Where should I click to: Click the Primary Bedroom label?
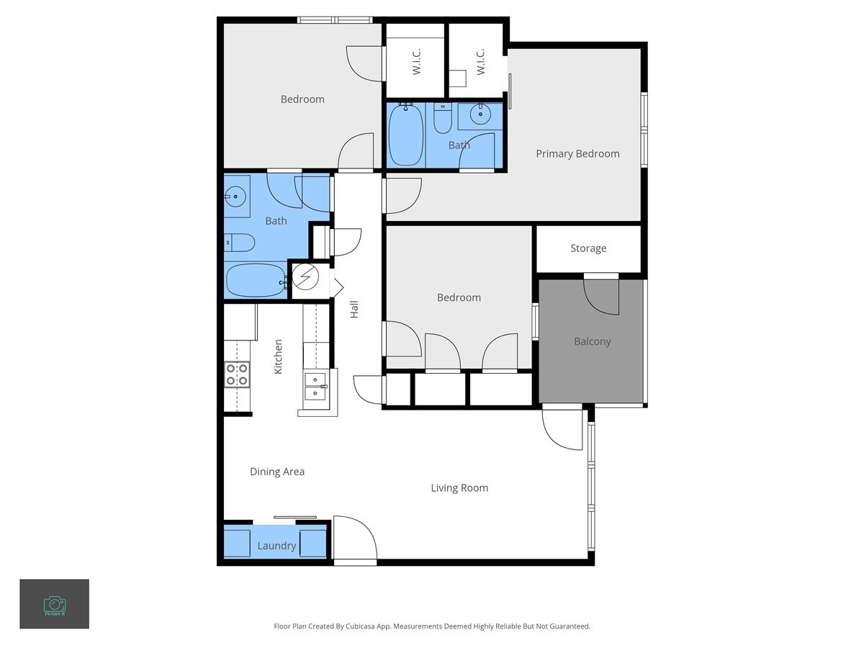pyautogui.click(x=577, y=153)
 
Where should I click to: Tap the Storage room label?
pyautogui.click(x=588, y=248)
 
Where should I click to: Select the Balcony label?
pyautogui.click(x=592, y=341)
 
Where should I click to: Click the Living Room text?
pyautogui.click(x=459, y=488)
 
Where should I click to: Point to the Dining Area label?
pyautogui.click(x=277, y=472)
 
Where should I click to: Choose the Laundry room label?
pyautogui.click(x=276, y=546)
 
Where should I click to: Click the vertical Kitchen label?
pyautogui.click(x=278, y=356)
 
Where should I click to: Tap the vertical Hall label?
pyautogui.click(x=354, y=310)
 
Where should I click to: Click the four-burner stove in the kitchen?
pyautogui.click(x=237, y=374)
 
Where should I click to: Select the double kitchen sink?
pyautogui.click(x=315, y=386)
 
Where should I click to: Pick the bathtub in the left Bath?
pyautogui.click(x=255, y=281)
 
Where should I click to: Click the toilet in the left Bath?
pyautogui.click(x=239, y=243)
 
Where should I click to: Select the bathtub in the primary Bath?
pyautogui.click(x=405, y=135)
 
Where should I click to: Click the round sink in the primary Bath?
pyautogui.click(x=480, y=114)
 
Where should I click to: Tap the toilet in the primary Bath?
pyautogui.click(x=442, y=120)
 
